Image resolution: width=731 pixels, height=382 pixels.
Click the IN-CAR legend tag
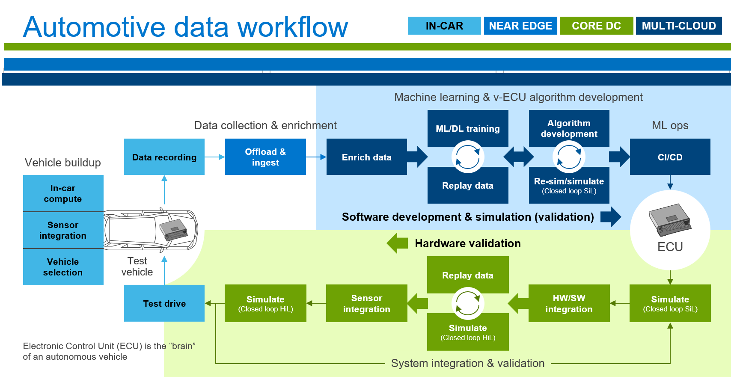(444, 26)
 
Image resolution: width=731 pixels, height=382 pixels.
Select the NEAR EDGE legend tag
(520, 26)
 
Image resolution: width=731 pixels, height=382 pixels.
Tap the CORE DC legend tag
(596, 26)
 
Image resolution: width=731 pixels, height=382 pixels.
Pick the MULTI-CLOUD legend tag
(678, 26)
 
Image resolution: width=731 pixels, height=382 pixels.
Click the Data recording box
(164, 157)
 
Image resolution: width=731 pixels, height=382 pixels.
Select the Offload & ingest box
(265, 157)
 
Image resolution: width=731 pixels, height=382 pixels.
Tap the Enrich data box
(366, 157)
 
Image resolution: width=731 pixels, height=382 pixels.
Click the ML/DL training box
(467, 128)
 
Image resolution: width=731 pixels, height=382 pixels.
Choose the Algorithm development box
(569, 128)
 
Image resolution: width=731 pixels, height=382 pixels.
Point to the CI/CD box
(670, 157)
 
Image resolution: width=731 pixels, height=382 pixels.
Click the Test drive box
(164, 303)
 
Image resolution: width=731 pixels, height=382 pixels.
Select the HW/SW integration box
(569, 303)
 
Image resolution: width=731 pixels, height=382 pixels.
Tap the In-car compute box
(63, 193)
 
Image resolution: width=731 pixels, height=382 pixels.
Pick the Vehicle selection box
(63, 267)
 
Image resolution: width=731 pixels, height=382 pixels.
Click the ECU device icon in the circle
(670, 220)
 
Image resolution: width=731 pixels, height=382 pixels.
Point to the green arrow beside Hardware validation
(397, 243)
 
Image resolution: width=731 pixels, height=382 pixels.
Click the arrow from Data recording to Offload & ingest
(215, 157)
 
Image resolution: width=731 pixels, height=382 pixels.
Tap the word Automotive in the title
(94, 27)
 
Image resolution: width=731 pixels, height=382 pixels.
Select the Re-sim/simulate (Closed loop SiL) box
(569, 185)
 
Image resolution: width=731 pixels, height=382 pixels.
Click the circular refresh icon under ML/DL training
(467, 157)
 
